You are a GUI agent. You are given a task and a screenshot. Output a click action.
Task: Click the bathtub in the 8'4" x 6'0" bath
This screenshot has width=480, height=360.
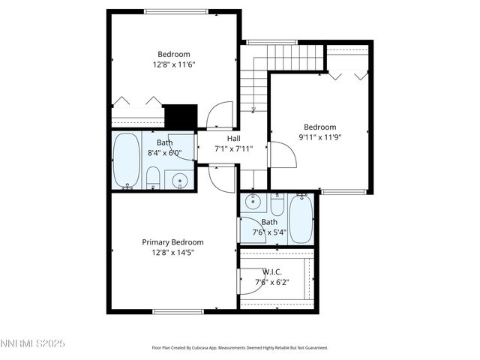tap(125, 160)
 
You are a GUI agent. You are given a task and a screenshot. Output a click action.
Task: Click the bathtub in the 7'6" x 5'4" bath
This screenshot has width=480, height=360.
tap(301, 217)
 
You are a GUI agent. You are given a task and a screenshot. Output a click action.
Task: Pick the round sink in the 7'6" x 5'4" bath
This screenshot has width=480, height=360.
tap(253, 201)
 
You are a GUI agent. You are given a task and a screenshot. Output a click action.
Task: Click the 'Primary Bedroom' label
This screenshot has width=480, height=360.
tap(173, 242)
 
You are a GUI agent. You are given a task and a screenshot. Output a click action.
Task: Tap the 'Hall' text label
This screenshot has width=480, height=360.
tap(233, 139)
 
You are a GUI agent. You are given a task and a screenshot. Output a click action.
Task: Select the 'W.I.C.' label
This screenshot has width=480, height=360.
tap(271, 271)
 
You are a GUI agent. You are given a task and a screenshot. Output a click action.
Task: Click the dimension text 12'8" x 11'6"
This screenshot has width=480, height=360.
tap(173, 64)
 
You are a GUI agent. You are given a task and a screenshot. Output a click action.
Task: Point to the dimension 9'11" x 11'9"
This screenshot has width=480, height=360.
tap(319, 137)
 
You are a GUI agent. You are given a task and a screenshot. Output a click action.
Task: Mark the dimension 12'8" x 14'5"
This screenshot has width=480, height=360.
tap(173, 253)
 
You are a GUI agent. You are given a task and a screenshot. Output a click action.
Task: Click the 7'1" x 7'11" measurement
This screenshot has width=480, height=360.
tap(233, 148)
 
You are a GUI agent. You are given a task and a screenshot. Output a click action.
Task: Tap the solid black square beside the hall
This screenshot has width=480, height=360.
tap(180, 116)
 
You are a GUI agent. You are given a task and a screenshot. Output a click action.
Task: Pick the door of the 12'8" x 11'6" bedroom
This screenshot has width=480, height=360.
tap(220, 116)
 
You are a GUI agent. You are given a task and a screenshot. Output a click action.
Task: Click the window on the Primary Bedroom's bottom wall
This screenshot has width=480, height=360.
tap(178, 311)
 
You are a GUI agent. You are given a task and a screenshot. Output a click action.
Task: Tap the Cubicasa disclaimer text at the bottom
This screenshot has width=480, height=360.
tap(239, 348)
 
